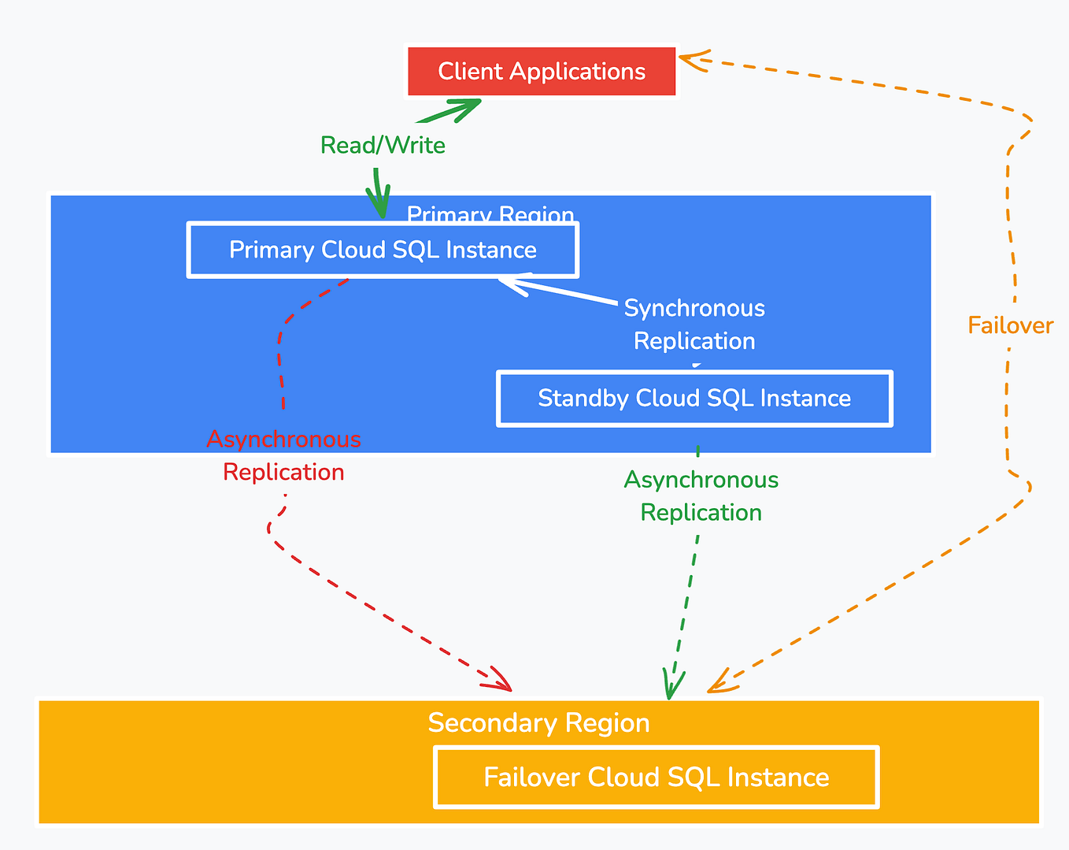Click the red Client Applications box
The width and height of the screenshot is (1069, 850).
[542, 71]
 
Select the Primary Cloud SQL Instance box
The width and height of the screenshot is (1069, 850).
[383, 250]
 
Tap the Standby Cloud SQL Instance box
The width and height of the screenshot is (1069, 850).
[694, 398]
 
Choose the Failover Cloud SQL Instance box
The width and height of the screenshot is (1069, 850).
[657, 777]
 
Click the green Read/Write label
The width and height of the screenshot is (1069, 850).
[383, 145]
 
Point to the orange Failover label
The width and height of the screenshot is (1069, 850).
[1011, 325]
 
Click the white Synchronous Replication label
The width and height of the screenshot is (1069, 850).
[694, 324]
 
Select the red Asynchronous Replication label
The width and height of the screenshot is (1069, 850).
[283, 455]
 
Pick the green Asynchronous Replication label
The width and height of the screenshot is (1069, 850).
[701, 496]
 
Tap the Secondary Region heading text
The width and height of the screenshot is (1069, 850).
[539, 722]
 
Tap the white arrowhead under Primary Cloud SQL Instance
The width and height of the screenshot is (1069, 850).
[515, 284]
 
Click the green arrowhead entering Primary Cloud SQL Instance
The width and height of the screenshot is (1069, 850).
[379, 202]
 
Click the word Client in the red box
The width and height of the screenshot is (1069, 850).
[471, 71]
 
